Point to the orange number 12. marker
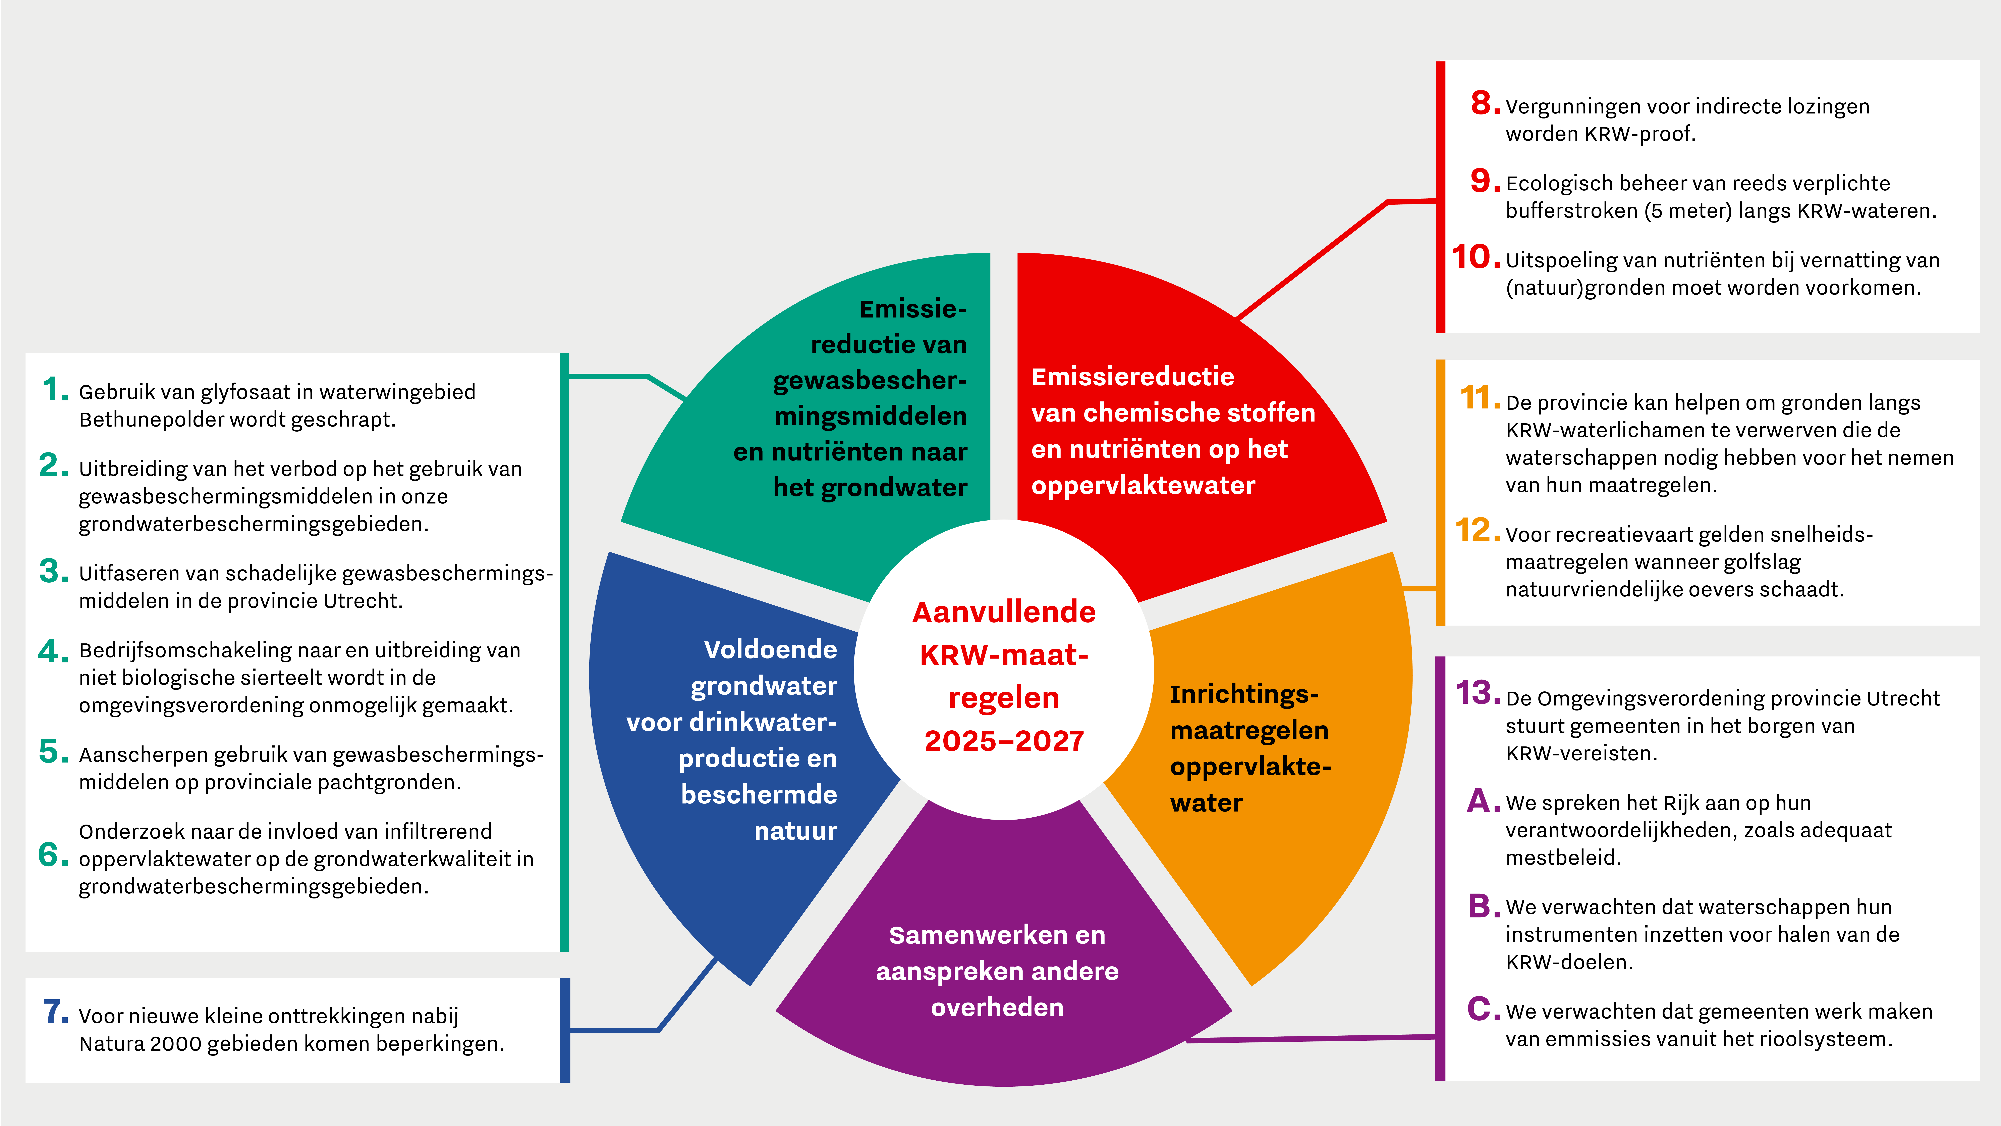click(1478, 531)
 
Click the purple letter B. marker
click(1484, 906)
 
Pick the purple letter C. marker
click(1484, 1010)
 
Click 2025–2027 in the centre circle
click(1004, 741)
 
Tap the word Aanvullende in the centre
click(1004, 612)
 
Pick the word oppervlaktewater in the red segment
click(1143, 486)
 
